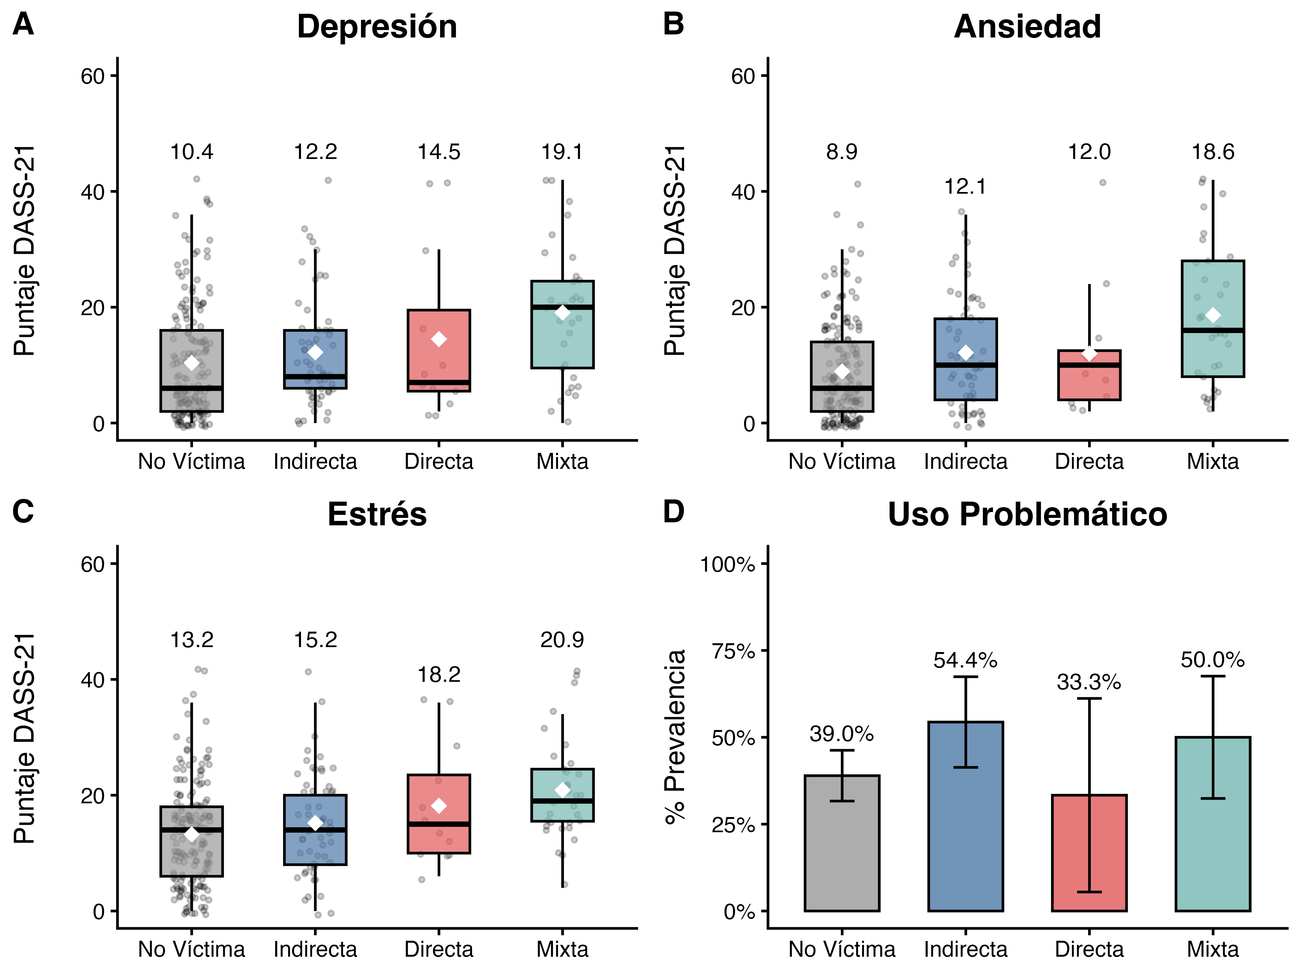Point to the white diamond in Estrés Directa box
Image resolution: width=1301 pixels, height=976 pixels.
tap(439, 805)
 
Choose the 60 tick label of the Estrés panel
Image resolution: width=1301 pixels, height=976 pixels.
tap(92, 564)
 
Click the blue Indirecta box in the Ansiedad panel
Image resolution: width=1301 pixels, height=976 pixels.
tap(965, 341)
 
